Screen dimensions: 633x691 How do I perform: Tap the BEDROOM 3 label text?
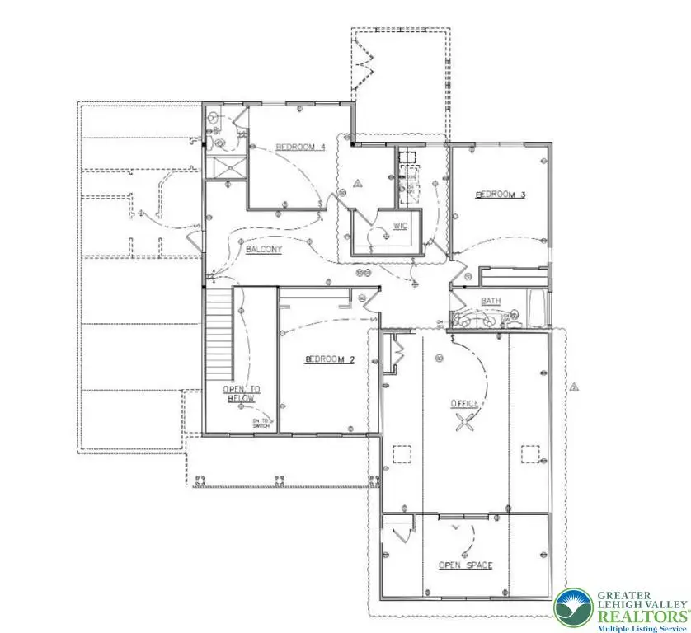[500, 195]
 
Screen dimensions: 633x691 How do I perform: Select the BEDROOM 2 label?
[329, 359]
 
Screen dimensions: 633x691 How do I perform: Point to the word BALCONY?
[264, 249]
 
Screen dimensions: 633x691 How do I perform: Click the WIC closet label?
[401, 225]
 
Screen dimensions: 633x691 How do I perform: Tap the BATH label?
[491, 302]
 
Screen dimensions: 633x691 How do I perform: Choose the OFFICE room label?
[464, 403]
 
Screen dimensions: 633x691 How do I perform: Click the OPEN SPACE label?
[465, 565]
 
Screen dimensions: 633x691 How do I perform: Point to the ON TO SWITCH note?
[261, 424]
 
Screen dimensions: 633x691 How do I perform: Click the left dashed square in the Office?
[402, 454]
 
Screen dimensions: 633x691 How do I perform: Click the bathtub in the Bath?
[536, 310]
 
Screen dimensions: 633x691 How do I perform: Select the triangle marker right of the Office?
[572, 385]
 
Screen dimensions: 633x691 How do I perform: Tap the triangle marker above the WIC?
[358, 183]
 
